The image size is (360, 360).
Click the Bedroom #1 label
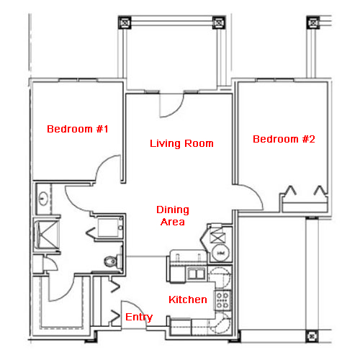coord(78,129)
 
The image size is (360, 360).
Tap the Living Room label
coord(181,143)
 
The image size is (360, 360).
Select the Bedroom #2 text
coord(284,139)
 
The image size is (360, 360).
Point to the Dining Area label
coord(173,215)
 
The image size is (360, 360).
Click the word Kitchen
coord(188,300)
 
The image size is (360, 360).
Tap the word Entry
coord(139,318)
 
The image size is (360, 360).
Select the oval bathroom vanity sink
coord(43,198)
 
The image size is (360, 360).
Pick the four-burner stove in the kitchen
coord(222,300)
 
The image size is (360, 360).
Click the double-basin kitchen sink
coord(197,274)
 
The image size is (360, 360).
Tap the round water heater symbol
coord(220,253)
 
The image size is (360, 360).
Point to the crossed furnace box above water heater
coord(217,235)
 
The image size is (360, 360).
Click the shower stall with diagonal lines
coord(48,235)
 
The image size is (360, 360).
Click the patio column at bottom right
coord(312,336)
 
